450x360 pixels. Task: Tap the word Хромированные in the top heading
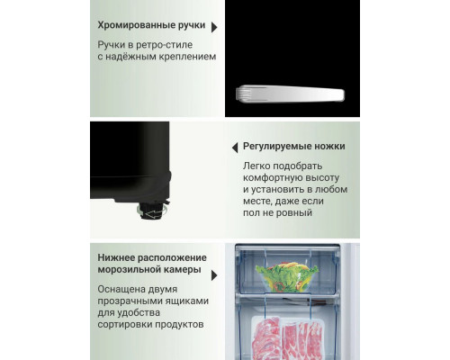(137, 26)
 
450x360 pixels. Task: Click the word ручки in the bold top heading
(191, 26)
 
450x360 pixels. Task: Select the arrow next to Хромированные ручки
(214, 27)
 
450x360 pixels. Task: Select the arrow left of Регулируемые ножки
(234, 147)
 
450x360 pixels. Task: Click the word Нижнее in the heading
(118, 258)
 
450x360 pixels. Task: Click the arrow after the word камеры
(213, 274)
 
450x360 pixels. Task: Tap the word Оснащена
(125, 290)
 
